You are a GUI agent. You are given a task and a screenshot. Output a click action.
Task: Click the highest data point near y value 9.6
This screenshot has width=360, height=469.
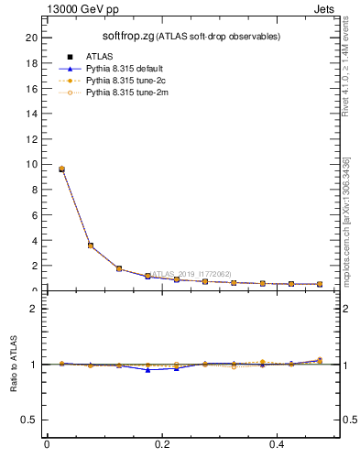61,169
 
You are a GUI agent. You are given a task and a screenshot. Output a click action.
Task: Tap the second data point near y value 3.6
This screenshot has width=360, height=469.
90,245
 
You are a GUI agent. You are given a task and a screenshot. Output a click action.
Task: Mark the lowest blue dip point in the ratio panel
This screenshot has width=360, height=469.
147,369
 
